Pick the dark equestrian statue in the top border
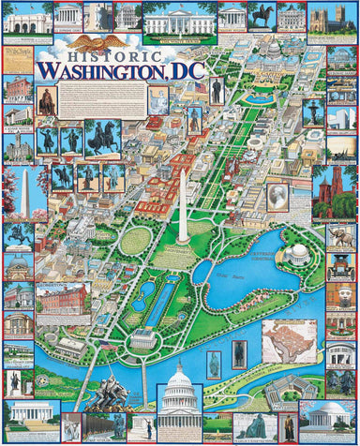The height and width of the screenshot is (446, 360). point(263,16)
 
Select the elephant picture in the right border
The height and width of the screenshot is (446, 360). point(341,236)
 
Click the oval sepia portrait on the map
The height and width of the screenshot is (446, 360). point(277,195)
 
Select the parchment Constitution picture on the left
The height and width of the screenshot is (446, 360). point(16,60)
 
